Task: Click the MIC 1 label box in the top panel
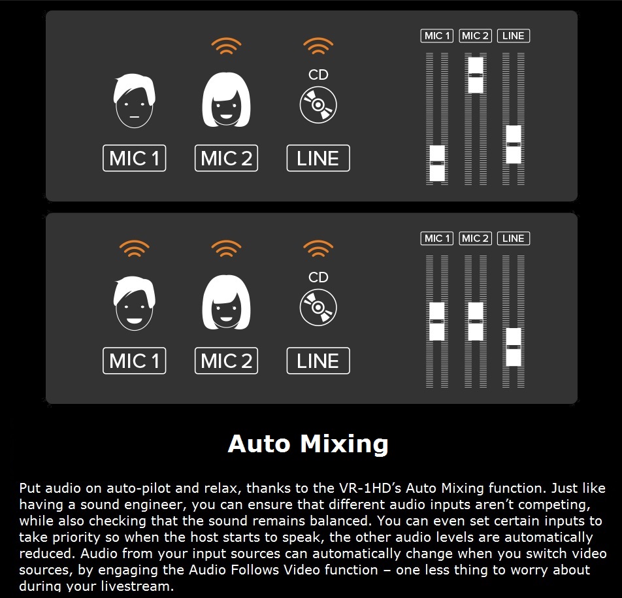tap(134, 158)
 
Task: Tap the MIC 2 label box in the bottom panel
tap(226, 361)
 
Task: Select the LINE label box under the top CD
tap(318, 158)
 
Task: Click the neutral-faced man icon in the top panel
tap(134, 101)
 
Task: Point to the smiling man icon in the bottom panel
tap(134, 303)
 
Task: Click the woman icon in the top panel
tap(226, 99)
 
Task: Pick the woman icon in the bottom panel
tap(226, 303)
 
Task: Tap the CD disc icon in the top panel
tap(318, 105)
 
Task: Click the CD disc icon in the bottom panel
tap(318, 308)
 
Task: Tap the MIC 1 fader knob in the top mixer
tap(437, 163)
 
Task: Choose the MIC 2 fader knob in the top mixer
tap(476, 75)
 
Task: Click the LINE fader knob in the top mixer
tap(514, 144)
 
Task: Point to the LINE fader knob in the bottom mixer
tap(514, 347)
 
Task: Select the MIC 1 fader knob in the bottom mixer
tap(437, 322)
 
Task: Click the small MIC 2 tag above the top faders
tap(475, 36)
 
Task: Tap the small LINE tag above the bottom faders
tap(514, 239)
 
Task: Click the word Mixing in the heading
tap(344, 444)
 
